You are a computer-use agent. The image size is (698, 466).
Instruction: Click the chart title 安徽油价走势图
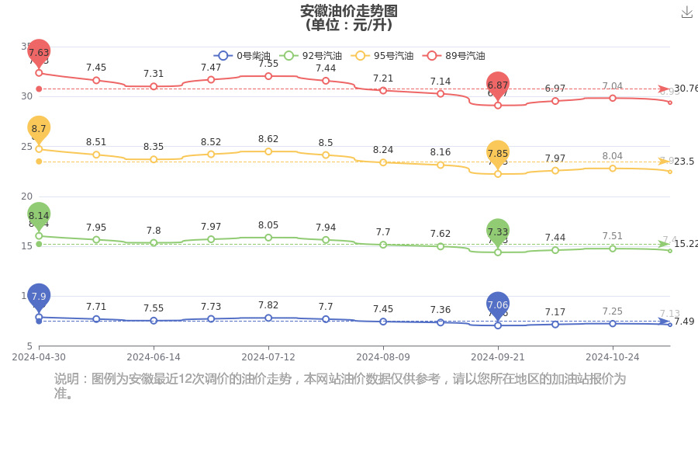[348, 11]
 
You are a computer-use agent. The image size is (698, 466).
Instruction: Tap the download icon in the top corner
[686, 12]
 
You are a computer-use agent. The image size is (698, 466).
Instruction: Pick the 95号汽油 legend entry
[382, 56]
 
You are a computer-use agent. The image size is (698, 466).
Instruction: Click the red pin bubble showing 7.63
[39, 52]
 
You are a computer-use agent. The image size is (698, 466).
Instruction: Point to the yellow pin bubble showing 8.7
[39, 128]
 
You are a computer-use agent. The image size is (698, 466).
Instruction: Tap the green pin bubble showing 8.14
[39, 215]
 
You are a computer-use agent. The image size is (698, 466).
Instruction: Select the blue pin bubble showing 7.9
[39, 296]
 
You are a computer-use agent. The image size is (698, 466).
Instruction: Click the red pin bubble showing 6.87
[498, 85]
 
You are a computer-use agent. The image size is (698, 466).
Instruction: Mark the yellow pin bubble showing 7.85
[498, 154]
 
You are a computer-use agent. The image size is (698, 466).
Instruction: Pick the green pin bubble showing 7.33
[498, 231]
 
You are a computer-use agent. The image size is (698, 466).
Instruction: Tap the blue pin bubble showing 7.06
[498, 304]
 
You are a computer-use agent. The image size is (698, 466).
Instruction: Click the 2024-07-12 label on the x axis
[268, 357]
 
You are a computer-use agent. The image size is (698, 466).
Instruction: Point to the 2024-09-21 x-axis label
[498, 357]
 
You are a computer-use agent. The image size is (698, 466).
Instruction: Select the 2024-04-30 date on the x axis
[39, 357]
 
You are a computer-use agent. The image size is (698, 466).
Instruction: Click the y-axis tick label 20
[26, 196]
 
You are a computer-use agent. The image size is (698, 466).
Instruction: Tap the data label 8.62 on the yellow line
[268, 139]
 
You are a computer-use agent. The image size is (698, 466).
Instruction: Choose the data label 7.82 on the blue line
[268, 305]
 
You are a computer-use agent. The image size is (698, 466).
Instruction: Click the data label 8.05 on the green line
[268, 224]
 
